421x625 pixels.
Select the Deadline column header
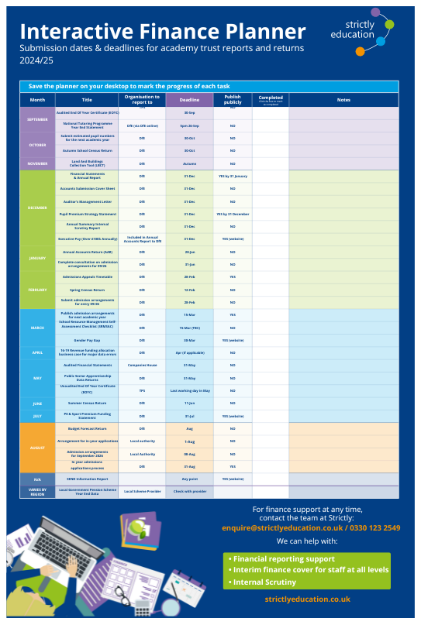pyautogui.click(x=189, y=100)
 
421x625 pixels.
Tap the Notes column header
pyautogui.click(x=343, y=100)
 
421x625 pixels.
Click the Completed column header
pyautogui.click(x=270, y=100)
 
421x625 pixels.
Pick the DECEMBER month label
pyautogui.click(x=37, y=208)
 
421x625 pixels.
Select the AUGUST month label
pyautogui.click(x=37, y=447)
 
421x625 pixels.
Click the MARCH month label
pyautogui.click(x=37, y=327)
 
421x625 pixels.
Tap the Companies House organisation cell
pyautogui.click(x=142, y=364)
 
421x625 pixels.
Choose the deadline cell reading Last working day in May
pyautogui.click(x=189, y=391)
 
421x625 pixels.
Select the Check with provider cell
pyautogui.click(x=189, y=491)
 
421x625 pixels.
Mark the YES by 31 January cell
pyautogui.click(x=233, y=177)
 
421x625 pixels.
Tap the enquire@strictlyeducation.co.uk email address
pyautogui.click(x=305, y=527)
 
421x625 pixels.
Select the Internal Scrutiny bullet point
pyautogui.click(x=264, y=582)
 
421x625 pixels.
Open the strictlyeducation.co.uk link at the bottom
pyautogui.click(x=307, y=599)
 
